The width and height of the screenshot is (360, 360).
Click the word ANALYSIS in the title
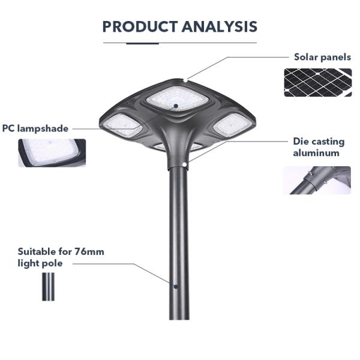[219, 26]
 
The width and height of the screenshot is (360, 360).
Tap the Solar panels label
[322, 58]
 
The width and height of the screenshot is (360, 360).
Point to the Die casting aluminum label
[319, 147]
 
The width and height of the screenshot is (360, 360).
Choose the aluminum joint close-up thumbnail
[317, 180]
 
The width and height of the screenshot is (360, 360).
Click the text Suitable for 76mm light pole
[61, 257]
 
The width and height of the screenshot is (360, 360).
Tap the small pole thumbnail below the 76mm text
[48, 287]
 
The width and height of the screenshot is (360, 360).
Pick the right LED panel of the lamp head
[232, 124]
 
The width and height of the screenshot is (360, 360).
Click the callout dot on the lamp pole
[175, 286]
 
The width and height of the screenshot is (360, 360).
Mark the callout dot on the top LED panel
[176, 106]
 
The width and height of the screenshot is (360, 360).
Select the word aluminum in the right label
[316, 153]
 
